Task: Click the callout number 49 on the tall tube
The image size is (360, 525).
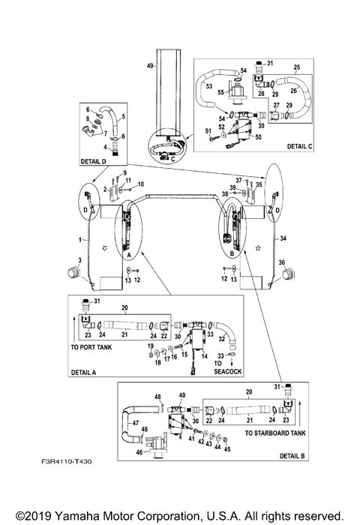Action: click(x=150, y=67)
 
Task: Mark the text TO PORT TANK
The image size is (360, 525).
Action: click(x=94, y=348)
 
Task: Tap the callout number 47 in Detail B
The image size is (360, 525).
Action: click(x=135, y=423)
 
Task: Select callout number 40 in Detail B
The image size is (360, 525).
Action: click(x=181, y=394)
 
